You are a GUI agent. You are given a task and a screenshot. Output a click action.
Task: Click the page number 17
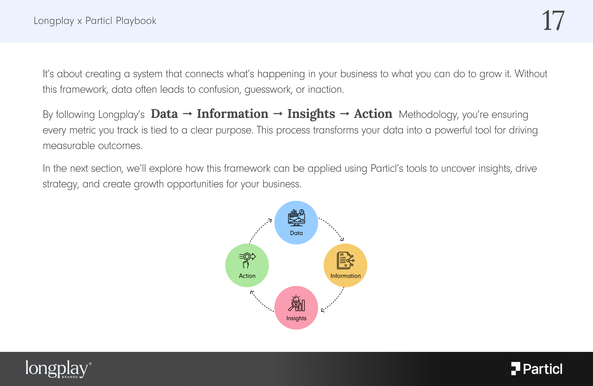pos(553,20)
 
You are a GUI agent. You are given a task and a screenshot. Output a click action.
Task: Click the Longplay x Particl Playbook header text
pos(95,21)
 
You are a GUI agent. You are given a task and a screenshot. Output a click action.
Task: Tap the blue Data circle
pos(296,222)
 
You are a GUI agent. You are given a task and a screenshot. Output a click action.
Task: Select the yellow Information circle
pos(345,265)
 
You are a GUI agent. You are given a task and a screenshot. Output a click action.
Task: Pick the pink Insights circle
pos(296,308)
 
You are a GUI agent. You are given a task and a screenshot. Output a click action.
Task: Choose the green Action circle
pos(247,265)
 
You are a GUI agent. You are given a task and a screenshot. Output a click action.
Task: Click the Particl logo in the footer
pos(537,369)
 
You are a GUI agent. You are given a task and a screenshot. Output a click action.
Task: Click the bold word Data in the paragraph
pos(164,114)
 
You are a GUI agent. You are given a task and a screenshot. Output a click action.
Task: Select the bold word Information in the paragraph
pos(232,114)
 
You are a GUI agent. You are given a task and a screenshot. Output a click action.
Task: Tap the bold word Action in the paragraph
pos(373,114)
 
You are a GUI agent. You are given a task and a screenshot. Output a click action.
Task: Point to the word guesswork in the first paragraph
pos(268,90)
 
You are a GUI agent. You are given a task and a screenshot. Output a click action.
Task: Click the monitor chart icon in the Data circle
pos(296,218)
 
